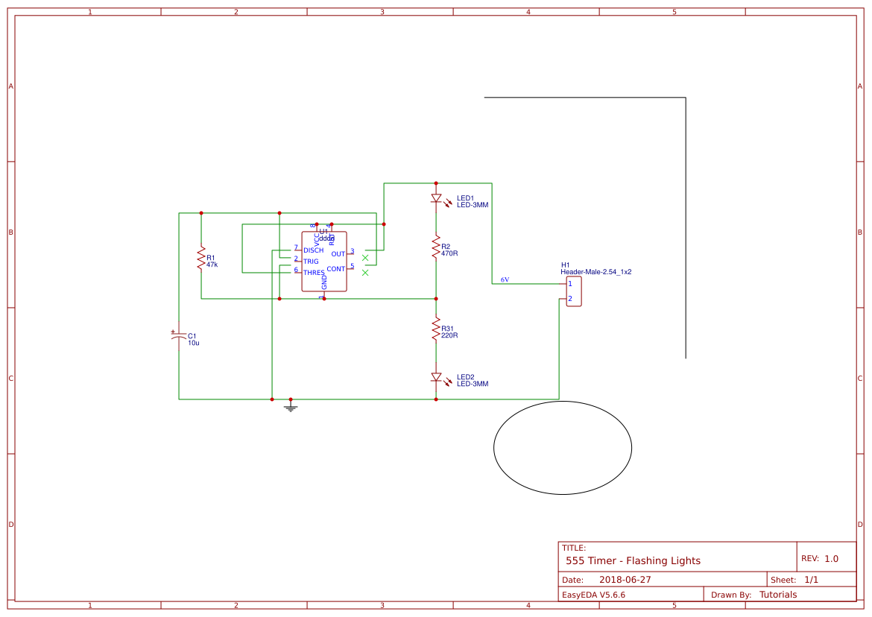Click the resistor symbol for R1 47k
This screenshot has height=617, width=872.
click(x=201, y=259)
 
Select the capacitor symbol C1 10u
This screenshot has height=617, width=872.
click(x=178, y=336)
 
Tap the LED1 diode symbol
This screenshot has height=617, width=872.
click(x=436, y=199)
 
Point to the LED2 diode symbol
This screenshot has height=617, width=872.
click(x=436, y=378)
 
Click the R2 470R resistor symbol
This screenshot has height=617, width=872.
click(x=436, y=247)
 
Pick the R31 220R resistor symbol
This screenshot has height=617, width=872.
click(x=436, y=329)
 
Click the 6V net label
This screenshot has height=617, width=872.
click(x=505, y=280)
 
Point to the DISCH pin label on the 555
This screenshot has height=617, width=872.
click(x=313, y=250)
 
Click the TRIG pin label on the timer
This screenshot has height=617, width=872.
click(x=311, y=262)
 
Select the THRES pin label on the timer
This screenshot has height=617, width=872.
click(x=314, y=273)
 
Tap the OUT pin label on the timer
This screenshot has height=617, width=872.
click(x=338, y=254)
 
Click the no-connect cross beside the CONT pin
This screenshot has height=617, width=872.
click(x=365, y=273)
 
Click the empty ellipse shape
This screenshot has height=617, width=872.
click(x=563, y=447)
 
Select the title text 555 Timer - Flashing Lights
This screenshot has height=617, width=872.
click(x=633, y=560)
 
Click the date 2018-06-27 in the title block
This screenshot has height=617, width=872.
click(x=625, y=580)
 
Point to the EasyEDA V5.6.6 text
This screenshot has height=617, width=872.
click(x=593, y=595)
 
